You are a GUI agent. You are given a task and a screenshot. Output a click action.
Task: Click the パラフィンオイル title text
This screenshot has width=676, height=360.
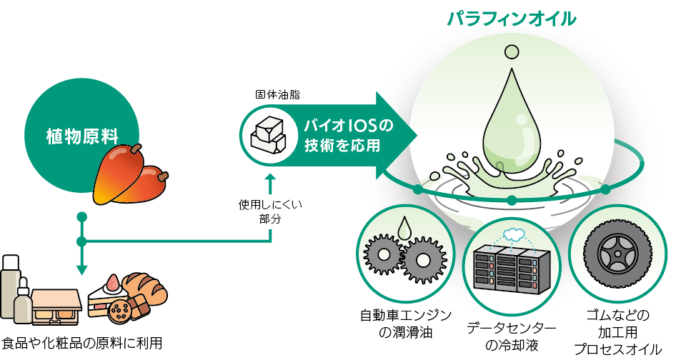coord(511,17)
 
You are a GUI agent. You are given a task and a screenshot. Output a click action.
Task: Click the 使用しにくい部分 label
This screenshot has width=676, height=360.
coord(270,212)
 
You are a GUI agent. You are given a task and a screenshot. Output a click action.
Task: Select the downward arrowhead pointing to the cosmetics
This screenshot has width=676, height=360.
coord(81,269)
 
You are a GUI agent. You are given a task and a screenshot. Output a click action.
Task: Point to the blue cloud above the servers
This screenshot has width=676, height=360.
coord(513,234)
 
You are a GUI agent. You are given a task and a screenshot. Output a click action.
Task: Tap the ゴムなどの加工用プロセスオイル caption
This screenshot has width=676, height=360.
coord(617,332)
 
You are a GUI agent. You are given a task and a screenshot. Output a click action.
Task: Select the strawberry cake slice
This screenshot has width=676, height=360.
coord(106,294)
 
